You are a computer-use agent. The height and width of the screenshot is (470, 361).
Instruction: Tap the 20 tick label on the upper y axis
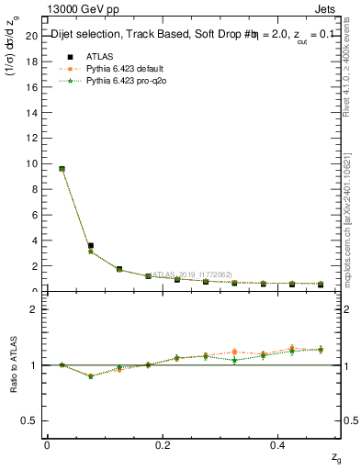pos(31,36)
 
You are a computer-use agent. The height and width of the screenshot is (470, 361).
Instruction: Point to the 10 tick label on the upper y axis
pos(31,163)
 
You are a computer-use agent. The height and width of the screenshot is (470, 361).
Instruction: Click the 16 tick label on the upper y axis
pos(31,87)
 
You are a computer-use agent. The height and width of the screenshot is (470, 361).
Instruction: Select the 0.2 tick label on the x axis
pos(162,445)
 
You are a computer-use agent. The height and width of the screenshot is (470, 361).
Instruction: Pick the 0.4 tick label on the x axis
pos(278,445)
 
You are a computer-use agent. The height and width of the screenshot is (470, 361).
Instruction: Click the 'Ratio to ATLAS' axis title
pos(12,364)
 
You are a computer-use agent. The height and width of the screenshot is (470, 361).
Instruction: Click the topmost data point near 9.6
pos(62,169)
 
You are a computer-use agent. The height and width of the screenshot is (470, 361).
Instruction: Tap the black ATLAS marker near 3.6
pos(90,246)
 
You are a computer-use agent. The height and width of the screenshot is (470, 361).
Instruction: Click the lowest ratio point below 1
pos(90,376)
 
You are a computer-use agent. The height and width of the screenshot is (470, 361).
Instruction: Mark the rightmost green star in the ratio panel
pos(321,349)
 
